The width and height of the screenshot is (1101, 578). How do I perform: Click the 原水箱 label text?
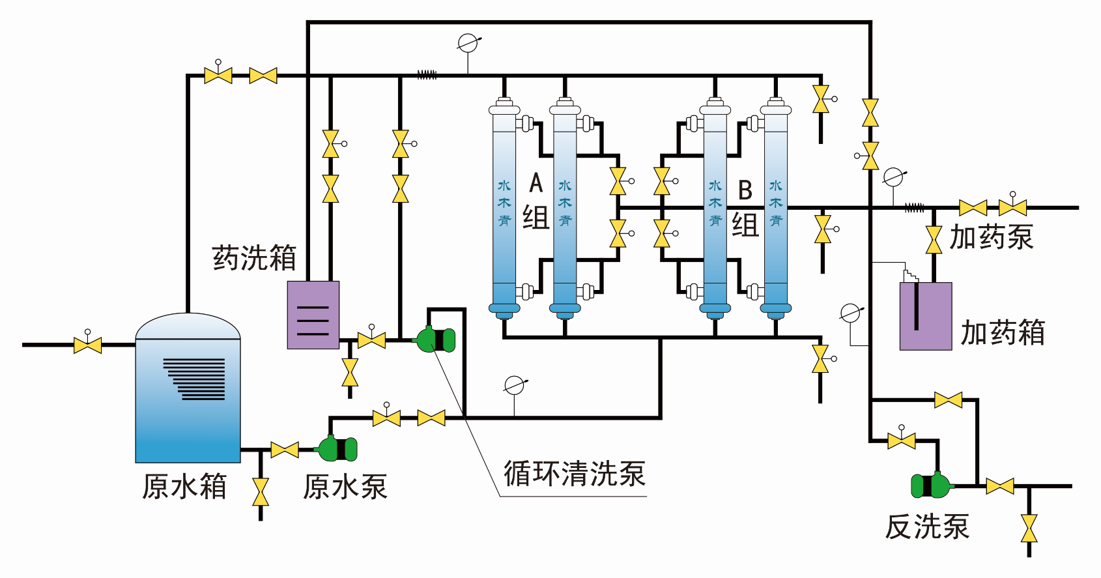(184, 487)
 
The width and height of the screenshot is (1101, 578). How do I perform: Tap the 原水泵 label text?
(345, 487)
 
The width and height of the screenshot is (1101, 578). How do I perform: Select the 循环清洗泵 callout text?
(574, 474)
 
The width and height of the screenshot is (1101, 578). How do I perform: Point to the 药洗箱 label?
(254, 258)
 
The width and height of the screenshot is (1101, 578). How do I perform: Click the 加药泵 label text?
(991, 237)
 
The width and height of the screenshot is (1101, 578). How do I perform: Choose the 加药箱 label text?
(1003, 332)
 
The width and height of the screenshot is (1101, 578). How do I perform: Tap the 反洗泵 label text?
(927, 527)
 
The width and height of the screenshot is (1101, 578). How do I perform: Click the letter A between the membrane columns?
(536, 183)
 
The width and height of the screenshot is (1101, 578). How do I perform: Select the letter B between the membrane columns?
(745, 190)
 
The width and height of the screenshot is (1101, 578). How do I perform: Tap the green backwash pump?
(932, 485)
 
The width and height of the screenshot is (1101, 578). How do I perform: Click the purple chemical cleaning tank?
(313, 315)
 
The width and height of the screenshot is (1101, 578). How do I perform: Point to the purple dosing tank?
(926, 317)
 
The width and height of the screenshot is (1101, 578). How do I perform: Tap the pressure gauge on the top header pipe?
(468, 44)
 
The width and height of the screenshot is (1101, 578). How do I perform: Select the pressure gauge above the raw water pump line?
(515, 386)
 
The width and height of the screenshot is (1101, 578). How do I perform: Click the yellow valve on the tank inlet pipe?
(87, 345)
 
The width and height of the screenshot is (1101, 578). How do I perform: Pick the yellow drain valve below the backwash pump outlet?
(1029, 528)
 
